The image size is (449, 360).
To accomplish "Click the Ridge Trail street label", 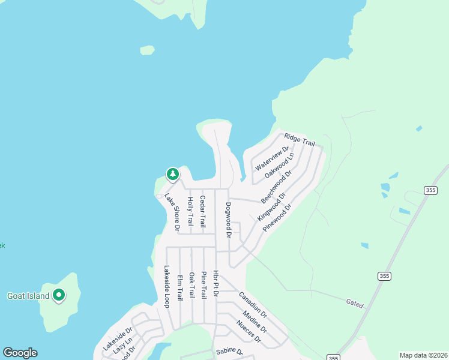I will coord(300,140).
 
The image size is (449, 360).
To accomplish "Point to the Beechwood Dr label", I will coord(276,186).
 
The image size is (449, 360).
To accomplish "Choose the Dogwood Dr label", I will coord(228,219).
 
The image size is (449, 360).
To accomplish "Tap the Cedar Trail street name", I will coord(203,211).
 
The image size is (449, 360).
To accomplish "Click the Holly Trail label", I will coord(190,211).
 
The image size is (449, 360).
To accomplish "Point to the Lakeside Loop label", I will coord(166,287).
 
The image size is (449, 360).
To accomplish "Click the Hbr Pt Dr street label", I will coord(215,284).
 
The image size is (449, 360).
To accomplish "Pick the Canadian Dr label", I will coord(253,304).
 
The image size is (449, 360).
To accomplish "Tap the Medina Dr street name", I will coord(255,321).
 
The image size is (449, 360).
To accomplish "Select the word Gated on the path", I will coord(355,304).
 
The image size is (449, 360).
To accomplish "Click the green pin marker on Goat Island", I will coord(59,295).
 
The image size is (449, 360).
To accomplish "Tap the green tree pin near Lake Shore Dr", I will coord(173,174).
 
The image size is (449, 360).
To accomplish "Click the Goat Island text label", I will coord(28,296).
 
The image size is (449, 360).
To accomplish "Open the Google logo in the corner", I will coord(20,353).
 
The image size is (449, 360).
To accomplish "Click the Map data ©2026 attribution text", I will coord(423,355).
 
